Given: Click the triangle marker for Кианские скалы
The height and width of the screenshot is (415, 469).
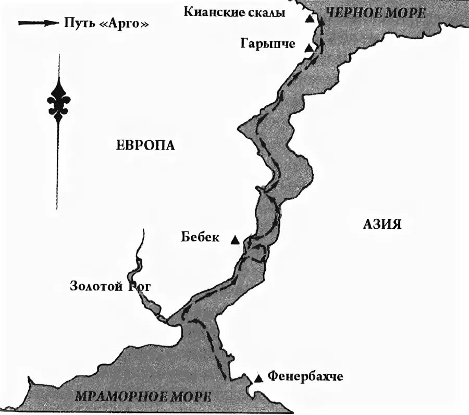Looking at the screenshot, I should (310, 19).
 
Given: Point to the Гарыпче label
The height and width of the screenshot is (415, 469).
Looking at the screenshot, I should (267, 44).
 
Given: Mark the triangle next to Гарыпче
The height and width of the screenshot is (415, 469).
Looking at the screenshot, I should (308, 48).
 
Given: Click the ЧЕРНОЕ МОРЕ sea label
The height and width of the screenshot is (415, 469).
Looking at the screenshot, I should (375, 13).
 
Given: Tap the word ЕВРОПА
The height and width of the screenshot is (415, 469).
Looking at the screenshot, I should (145, 145).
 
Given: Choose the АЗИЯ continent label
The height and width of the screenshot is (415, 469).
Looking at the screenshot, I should (382, 224).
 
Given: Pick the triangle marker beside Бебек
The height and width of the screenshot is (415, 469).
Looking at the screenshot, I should (235, 240).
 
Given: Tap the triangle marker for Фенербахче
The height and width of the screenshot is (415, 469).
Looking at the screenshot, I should (258, 378).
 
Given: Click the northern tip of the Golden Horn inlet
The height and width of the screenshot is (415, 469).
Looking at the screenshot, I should (143, 229).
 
